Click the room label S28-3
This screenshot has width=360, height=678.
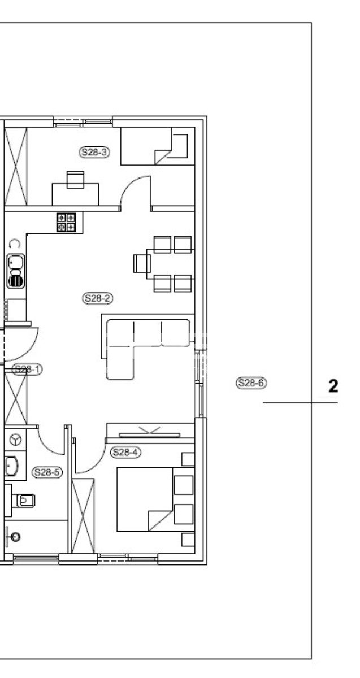coord(94,152)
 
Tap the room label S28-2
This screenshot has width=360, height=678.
coord(98,298)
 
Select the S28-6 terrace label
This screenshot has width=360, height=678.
coord(251,383)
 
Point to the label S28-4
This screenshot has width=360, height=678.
coord(125,452)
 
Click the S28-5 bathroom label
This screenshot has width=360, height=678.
coord(47,472)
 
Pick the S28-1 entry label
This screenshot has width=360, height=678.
coord(27,370)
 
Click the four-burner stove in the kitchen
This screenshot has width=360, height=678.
coord(66,222)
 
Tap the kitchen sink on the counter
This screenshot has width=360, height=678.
coord(16,271)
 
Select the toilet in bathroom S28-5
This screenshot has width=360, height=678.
coord(23,501)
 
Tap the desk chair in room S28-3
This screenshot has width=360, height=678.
coord(75,180)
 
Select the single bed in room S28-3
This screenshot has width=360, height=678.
coord(157,146)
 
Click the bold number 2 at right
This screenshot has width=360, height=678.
coord(333,386)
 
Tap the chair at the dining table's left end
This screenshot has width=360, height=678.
coord(142,263)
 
